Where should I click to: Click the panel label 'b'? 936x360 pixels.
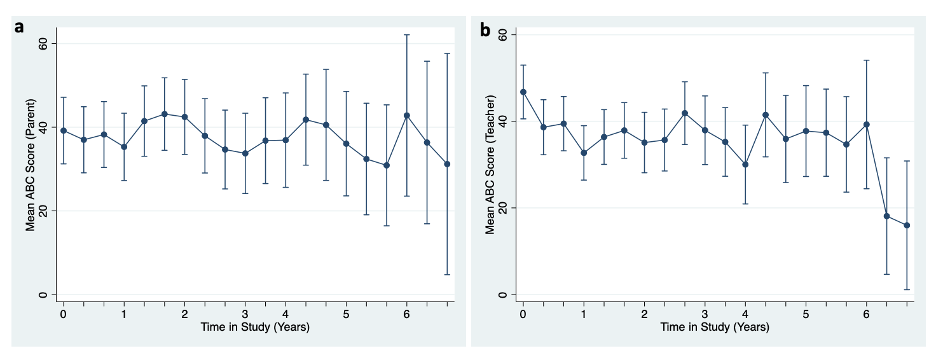[x=485, y=29]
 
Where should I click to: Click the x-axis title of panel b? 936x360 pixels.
[x=715, y=328]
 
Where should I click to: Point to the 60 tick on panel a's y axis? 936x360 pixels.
[x=42, y=43]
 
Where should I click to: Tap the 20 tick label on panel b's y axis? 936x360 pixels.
[x=502, y=208]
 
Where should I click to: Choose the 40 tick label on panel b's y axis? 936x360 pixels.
[x=502, y=121]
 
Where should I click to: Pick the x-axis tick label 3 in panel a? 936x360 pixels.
[x=245, y=315]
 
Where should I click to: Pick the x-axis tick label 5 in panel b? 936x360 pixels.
[x=806, y=315]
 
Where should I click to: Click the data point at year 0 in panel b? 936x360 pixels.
[x=523, y=92]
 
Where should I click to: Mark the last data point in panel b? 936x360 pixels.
[x=907, y=225]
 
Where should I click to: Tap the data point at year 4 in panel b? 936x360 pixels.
[x=745, y=164]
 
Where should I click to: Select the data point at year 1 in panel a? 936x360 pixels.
[x=124, y=146]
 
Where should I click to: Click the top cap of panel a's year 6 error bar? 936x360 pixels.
[x=407, y=35]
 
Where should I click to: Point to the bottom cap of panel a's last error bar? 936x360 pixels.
[x=447, y=275]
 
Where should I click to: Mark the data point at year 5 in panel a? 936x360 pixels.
[x=347, y=144]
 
